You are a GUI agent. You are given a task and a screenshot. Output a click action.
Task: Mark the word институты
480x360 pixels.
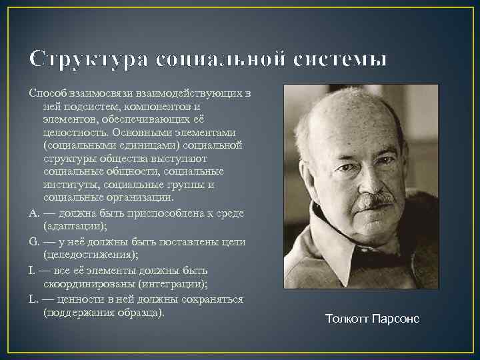tap(69, 185)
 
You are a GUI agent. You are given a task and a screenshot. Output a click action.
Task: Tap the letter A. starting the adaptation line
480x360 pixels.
tap(34, 213)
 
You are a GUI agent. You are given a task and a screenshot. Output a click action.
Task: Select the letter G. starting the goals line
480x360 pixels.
tap(34, 241)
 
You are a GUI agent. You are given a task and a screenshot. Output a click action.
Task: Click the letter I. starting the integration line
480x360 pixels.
tap(32, 270)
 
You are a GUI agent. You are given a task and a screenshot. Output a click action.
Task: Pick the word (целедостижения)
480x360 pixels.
tap(91, 255)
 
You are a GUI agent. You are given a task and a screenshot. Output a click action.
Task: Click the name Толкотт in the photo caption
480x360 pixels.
tap(349, 319)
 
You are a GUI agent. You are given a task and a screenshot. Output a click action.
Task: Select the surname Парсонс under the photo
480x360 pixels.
tap(397, 319)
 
